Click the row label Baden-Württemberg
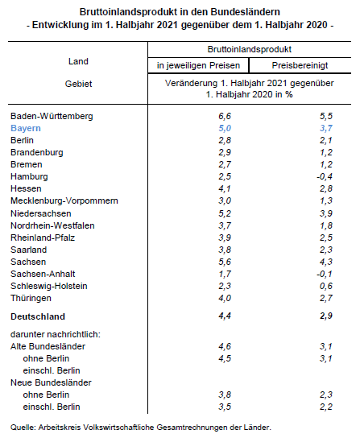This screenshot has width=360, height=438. (x=52, y=116)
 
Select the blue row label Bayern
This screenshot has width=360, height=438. (x=26, y=128)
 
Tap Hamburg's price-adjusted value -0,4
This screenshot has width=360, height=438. (x=325, y=176)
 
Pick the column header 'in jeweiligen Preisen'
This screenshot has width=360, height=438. (x=198, y=66)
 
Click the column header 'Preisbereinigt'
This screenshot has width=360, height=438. (x=300, y=66)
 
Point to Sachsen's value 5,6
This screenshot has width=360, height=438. (x=225, y=262)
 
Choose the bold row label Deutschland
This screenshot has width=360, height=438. (x=38, y=316)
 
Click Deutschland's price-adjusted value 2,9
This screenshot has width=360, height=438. (x=326, y=316)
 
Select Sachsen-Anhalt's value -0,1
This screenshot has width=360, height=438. (x=325, y=274)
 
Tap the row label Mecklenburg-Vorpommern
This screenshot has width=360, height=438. (x=64, y=200)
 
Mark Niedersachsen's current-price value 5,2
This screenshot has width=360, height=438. (x=225, y=213)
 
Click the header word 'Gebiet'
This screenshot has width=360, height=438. (x=78, y=84)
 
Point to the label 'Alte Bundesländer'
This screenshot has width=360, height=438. (x=48, y=346)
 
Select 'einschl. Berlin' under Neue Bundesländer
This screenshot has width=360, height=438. (x=52, y=407)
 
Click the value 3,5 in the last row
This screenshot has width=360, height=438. (x=225, y=407)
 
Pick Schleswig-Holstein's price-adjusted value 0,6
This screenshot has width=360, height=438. (x=326, y=286)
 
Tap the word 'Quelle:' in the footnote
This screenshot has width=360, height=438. (x=23, y=428)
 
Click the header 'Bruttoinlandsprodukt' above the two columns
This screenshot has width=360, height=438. (x=250, y=49)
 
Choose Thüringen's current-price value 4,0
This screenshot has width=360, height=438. (x=225, y=298)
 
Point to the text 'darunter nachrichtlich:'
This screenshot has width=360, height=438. (x=56, y=334)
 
